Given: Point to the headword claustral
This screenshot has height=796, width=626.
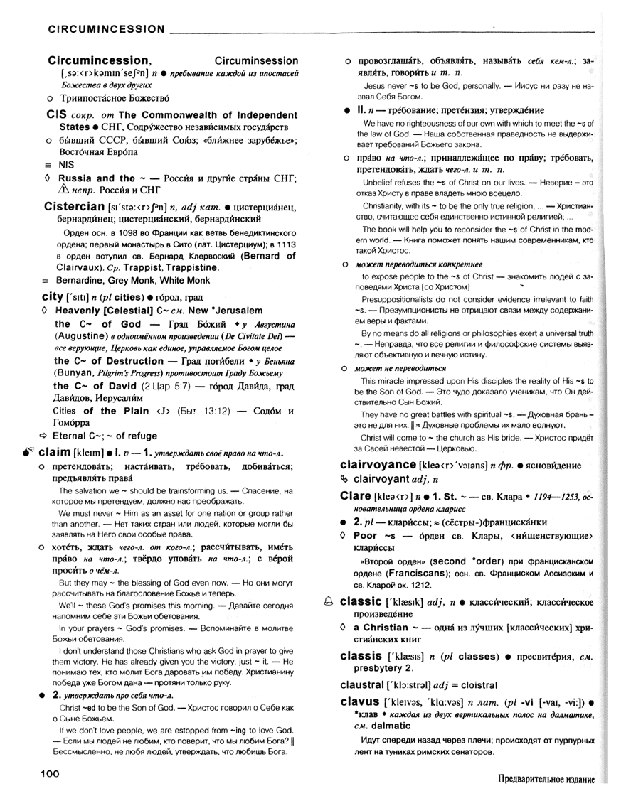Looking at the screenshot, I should pyautogui.click(x=371, y=684).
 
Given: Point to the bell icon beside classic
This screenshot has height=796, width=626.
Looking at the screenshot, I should pyautogui.click(x=328, y=602).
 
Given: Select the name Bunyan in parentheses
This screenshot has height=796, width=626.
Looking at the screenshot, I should pyautogui.click(x=74, y=372).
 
